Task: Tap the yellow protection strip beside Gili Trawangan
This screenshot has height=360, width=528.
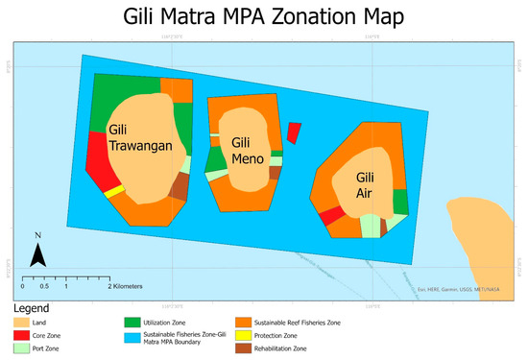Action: (114, 192)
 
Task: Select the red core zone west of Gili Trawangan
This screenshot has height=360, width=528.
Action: (96, 158)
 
